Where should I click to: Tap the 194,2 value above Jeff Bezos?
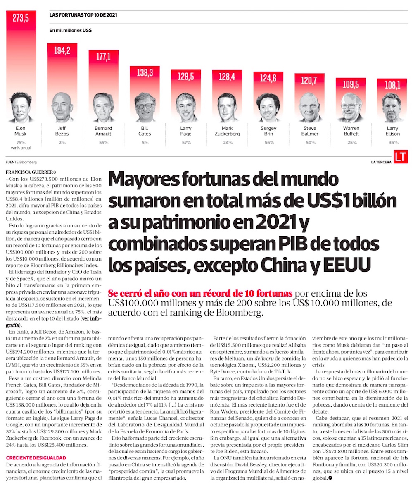[62, 50]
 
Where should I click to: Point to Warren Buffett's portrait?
[351, 110]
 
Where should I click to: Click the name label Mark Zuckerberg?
[227, 131]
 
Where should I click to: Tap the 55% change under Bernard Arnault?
[103, 143]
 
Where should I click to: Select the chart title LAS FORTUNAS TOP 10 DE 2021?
[83, 15]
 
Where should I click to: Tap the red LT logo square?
[400, 157]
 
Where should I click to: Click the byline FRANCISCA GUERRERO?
[31, 172]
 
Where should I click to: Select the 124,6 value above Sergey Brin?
[268, 78]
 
